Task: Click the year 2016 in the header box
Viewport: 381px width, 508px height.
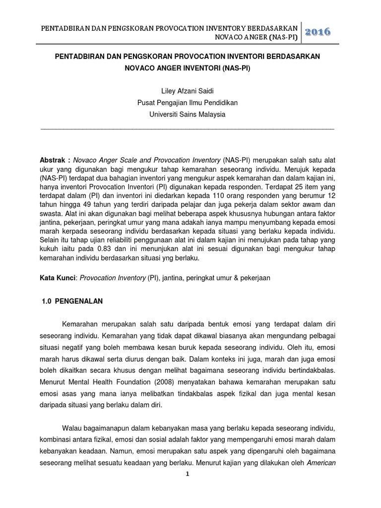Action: pos(318,32)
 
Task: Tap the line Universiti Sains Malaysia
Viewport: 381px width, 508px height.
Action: pos(187,114)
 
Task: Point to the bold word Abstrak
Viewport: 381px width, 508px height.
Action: pos(53,161)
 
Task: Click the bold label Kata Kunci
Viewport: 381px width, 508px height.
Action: pos(57,278)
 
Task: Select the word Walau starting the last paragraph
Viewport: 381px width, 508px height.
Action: pos(72,428)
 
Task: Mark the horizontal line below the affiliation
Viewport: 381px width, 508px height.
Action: pos(187,128)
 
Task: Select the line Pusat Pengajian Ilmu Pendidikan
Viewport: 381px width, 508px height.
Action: pos(187,103)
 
